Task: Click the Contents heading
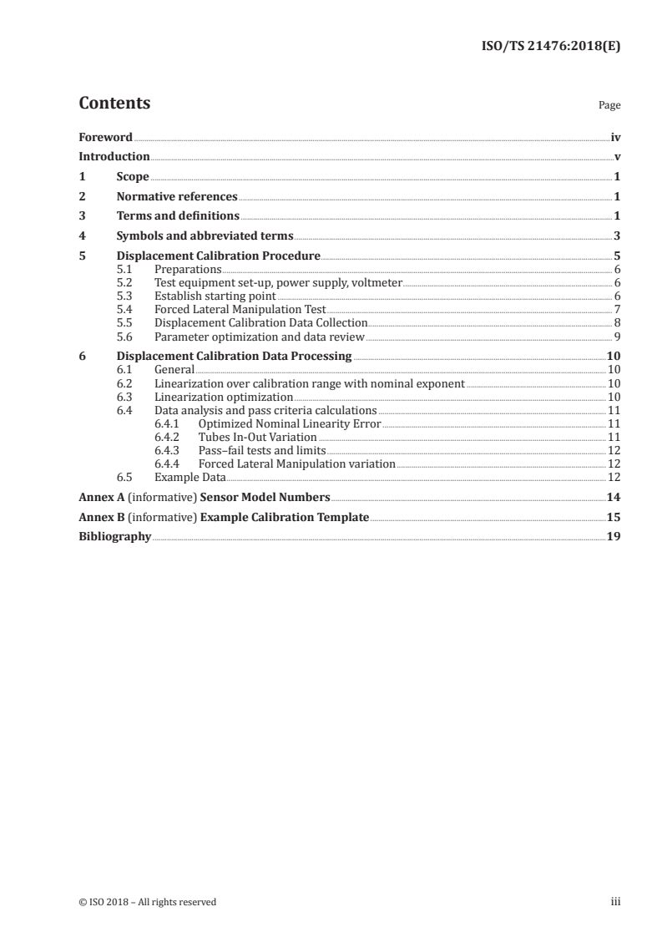(114, 104)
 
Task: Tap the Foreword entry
(105, 137)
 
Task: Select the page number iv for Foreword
(615, 137)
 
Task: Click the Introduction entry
(114, 156)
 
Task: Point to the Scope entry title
(133, 177)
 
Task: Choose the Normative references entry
(177, 197)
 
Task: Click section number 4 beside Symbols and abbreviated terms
(82, 236)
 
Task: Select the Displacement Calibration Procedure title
(218, 256)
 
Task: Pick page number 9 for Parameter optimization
(616, 337)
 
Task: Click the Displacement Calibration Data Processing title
(235, 357)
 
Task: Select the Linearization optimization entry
(224, 397)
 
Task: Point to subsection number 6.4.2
(169, 437)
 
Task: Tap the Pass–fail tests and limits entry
(262, 450)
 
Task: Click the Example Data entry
(190, 477)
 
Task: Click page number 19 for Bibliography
(614, 537)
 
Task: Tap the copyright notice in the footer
(147, 901)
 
